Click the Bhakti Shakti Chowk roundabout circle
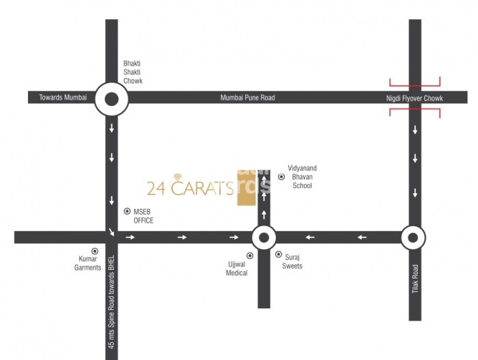pyautogui.click(x=112, y=98)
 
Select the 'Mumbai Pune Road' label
pyautogui.click(x=247, y=98)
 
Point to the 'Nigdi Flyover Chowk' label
pyautogui.click(x=414, y=98)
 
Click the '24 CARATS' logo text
pyautogui.click(x=191, y=187)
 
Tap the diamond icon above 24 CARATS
pyautogui.click(x=179, y=176)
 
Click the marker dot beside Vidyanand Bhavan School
pyautogui.click(x=281, y=177)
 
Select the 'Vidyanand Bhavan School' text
pyautogui.click(x=300, y=177)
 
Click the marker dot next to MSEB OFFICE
pyautogui.click(x=127, y=212)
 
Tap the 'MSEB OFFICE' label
pyautogui.click(x=143, y=217)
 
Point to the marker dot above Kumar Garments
pyautogui.click(x=95, y=251)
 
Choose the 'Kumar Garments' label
pyautogui.click(x=87, y=264)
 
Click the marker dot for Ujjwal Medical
pyautogui.click(x=250, y=255)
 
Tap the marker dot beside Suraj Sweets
pyautogui.click(x=278, y=254)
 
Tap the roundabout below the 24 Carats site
pyautogui.click(x=264, y=237)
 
